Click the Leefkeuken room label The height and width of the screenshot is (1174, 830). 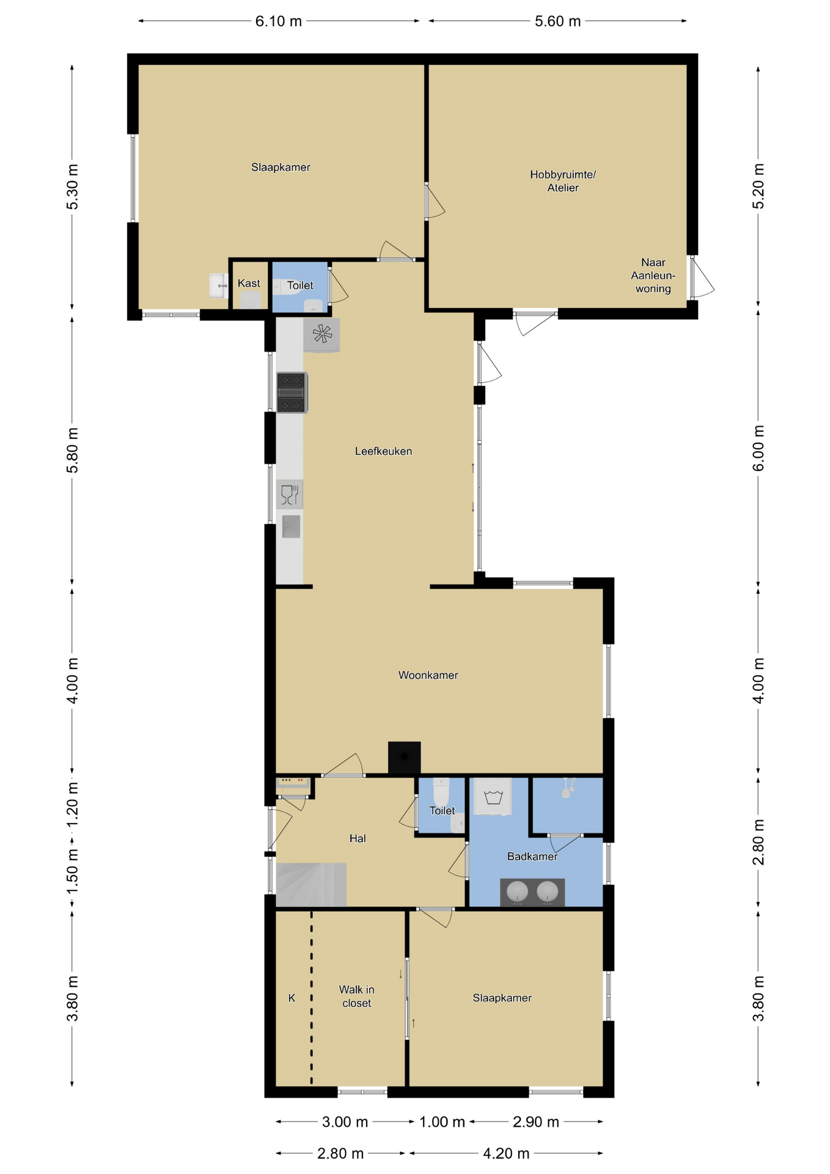(383, 451)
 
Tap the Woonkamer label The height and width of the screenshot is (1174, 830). (428, 675)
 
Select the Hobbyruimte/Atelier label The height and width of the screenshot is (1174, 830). (563, 181)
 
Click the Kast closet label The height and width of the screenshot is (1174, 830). (249, 283)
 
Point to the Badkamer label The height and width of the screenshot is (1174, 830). (532, 857)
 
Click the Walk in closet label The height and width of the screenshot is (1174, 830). (356, 996)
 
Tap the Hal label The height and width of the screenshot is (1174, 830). (358, 838)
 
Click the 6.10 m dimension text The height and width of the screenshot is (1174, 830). (279, 21)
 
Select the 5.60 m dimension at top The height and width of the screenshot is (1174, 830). (557, 21)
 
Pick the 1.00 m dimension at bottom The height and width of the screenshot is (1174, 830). (442, 1122)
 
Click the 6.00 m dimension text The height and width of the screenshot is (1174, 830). (758, 448)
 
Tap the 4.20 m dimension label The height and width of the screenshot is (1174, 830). (506, 1154)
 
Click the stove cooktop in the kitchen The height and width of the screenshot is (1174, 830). (292, 393)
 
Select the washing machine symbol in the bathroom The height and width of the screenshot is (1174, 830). (493, 796)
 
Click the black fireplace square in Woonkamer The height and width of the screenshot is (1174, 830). (404, 758)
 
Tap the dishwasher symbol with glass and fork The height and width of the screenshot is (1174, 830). (290, 494)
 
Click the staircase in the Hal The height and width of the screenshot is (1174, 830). (311, 884)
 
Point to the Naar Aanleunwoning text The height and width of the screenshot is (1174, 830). (653, 276)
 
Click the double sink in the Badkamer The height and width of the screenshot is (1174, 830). (532, 892)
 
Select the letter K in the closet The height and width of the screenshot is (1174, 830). (292, 998)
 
